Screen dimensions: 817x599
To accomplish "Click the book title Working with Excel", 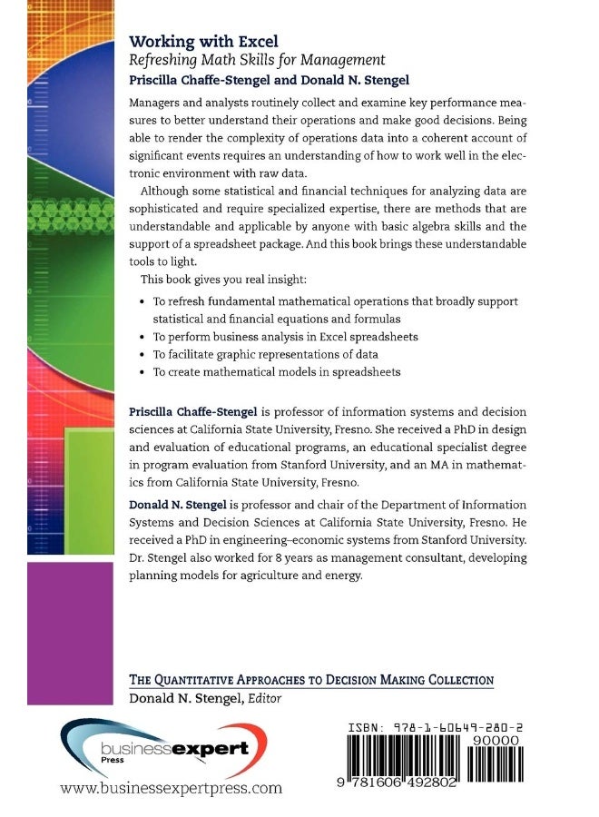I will click(x=203, y=41).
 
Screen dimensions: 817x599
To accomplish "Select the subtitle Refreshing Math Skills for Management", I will click(x=258, y=60).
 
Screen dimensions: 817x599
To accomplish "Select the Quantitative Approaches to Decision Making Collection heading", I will click(x=311, y=679).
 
